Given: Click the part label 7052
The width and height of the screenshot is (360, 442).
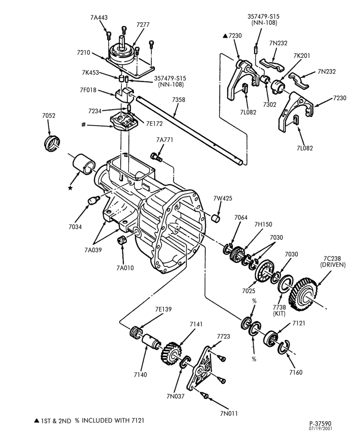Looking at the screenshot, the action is (x=49, y=115).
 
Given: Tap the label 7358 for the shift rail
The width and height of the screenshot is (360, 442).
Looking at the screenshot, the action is (x=179, y=99).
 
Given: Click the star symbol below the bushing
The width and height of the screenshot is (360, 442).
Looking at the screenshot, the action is (x=70, y=188).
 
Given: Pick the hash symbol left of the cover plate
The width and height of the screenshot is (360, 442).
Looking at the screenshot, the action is (x=83, y=124).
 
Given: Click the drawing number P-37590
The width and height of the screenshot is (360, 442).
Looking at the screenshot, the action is (x=320, y=423).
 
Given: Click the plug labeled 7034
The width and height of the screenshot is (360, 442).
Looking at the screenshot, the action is (x=93, y=201).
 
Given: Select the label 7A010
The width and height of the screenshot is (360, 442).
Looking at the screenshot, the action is (x=125, y=268).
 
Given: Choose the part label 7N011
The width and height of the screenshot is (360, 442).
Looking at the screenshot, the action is (x=229, y=414).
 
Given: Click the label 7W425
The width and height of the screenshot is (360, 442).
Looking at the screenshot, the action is (x=223, y=198).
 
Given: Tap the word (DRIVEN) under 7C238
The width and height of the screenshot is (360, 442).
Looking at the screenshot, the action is (x=333, y=264).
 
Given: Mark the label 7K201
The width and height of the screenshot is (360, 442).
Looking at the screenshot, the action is (x=301, y=56).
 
